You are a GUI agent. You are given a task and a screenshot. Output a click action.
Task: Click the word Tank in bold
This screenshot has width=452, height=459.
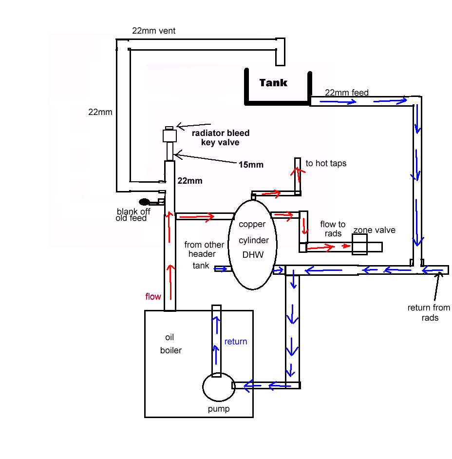click(x=273, y=83)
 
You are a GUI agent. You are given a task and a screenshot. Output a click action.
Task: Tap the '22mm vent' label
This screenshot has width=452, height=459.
click(x=153, y=31)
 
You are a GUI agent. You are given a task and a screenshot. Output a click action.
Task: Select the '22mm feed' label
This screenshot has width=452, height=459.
click(x=347, y=93)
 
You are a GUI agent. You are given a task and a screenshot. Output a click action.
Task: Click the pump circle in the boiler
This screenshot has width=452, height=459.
click(x=219, y=387)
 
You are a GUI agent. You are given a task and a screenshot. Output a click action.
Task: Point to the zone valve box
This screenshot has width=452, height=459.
click(x=359, y=245)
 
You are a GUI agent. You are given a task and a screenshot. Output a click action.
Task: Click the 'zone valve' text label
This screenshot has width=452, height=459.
click(x=374, y=230)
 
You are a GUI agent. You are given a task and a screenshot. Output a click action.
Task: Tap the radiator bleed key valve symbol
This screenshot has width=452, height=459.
click(x=169, y=135)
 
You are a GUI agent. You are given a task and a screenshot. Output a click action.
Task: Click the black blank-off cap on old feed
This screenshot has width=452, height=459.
click(x=144, y=202)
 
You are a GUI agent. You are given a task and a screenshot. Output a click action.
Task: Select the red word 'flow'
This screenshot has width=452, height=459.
click(x=153, y=297)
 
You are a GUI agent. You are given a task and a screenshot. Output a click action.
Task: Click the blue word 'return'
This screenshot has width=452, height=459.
click(x=236, y=342)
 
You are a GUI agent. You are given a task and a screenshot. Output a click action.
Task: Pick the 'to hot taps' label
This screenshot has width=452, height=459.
click(x=326, y=163)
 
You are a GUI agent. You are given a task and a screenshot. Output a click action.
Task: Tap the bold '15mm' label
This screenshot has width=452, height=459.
click(x=251, y=165)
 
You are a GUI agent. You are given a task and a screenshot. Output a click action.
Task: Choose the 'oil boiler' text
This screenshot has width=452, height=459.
click(x=170, y=344)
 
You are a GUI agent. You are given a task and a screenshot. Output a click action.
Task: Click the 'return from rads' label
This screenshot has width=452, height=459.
click(x=429, y=313)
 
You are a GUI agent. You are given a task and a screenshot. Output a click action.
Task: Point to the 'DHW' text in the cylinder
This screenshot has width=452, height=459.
click(x=253, y=255)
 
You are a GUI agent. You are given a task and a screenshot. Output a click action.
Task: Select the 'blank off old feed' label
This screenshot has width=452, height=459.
click(x=133, y=214)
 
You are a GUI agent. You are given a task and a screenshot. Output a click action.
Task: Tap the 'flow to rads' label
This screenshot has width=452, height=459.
click(x=333, y=229)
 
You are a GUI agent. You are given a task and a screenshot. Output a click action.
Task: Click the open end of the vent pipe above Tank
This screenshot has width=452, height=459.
click(x=280, y=65)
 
